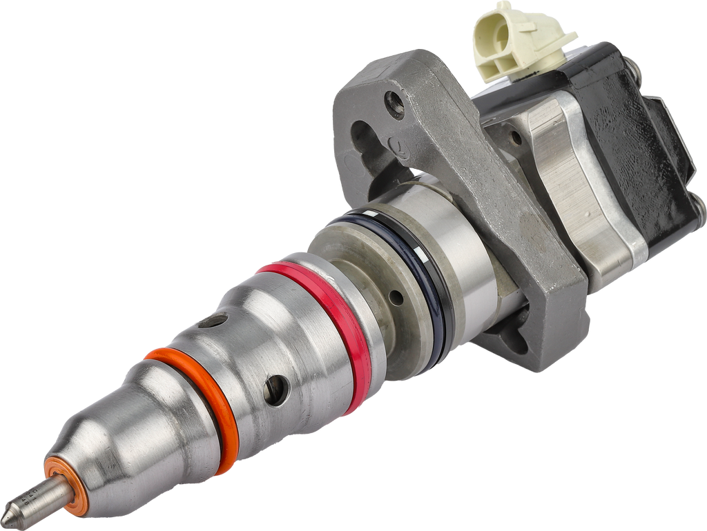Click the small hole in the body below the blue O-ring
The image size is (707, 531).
(x=396, y=298)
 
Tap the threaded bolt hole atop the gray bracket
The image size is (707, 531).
(x=395, y=104)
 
